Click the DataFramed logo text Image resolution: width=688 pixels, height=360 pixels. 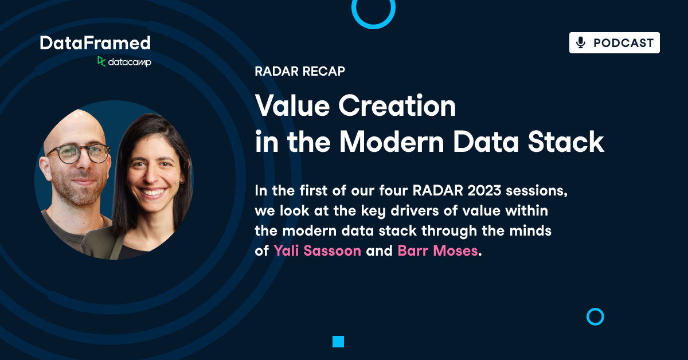point(95,43)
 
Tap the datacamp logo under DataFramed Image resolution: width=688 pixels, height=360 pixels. point(124,62)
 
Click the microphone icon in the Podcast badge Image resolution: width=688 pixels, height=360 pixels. point(581,43)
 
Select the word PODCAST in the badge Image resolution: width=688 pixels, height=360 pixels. point(623,43)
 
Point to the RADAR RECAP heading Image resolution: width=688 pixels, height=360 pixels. point(300,72)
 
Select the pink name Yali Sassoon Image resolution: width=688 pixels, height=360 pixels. point(317,251)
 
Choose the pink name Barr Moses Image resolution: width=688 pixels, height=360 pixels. point(437,251)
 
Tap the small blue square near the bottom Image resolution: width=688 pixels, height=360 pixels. point(338,342)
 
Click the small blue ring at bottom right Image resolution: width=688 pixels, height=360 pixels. point(595,316)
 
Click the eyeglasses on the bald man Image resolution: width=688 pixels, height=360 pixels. point(78,153)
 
